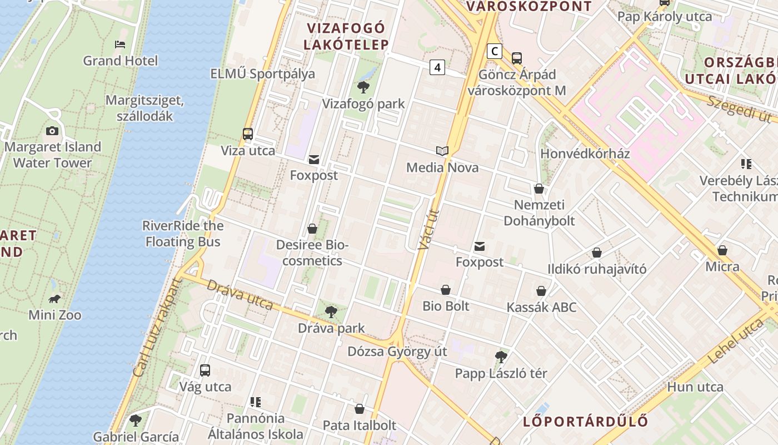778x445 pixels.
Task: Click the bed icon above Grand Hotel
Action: (x=120, y=44)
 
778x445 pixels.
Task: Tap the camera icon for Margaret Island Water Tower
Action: (x=52, y=131)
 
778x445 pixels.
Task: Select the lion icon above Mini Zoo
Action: (x=54, y=299)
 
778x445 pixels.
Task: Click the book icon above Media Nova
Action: (x=442, y=151)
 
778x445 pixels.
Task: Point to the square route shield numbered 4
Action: (x=438, y=67)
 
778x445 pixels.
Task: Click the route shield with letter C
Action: (x=494, y=52)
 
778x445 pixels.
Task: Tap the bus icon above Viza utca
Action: (x=248, y=134)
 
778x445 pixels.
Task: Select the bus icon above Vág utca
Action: (x=205, y=370)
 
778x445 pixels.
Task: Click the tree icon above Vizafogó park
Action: (x=363, y=87)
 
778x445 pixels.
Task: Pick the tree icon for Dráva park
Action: (x=331, y=312)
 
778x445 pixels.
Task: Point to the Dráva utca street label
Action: (x=240, y=295)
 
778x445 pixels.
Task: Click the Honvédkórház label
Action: (x=585, y=154)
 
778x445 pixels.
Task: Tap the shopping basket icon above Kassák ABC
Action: (x=541, y=291)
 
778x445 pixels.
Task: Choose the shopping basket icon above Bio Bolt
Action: (x=446, y=290)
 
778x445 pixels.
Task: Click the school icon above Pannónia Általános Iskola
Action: (x=256, y=402)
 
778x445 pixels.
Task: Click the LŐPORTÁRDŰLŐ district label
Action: (x=585, y=421)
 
